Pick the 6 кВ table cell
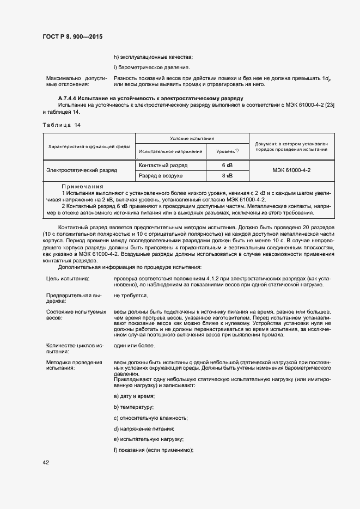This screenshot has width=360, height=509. (x=227, y=165)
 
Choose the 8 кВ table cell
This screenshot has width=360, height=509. (x=227, y=176)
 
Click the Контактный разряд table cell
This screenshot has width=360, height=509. (x=163, y=165)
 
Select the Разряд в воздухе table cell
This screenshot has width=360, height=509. (x=161, y=176)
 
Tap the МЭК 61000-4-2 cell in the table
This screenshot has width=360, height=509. (x=295, y=170)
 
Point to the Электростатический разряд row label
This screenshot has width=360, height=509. (x=82, y=170)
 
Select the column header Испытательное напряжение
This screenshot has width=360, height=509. (x=170, y=151)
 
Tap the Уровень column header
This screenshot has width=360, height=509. (x=225, y=151)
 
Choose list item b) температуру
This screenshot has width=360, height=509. (x=133, y=407)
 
